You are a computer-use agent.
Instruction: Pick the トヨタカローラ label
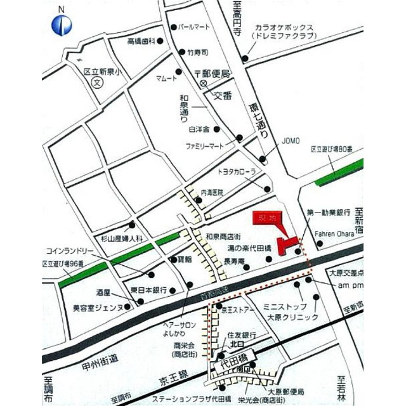tap(237, 172)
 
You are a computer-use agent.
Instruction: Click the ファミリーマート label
tap(205, 146)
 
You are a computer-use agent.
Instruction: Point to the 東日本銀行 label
tap(148, 289)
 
